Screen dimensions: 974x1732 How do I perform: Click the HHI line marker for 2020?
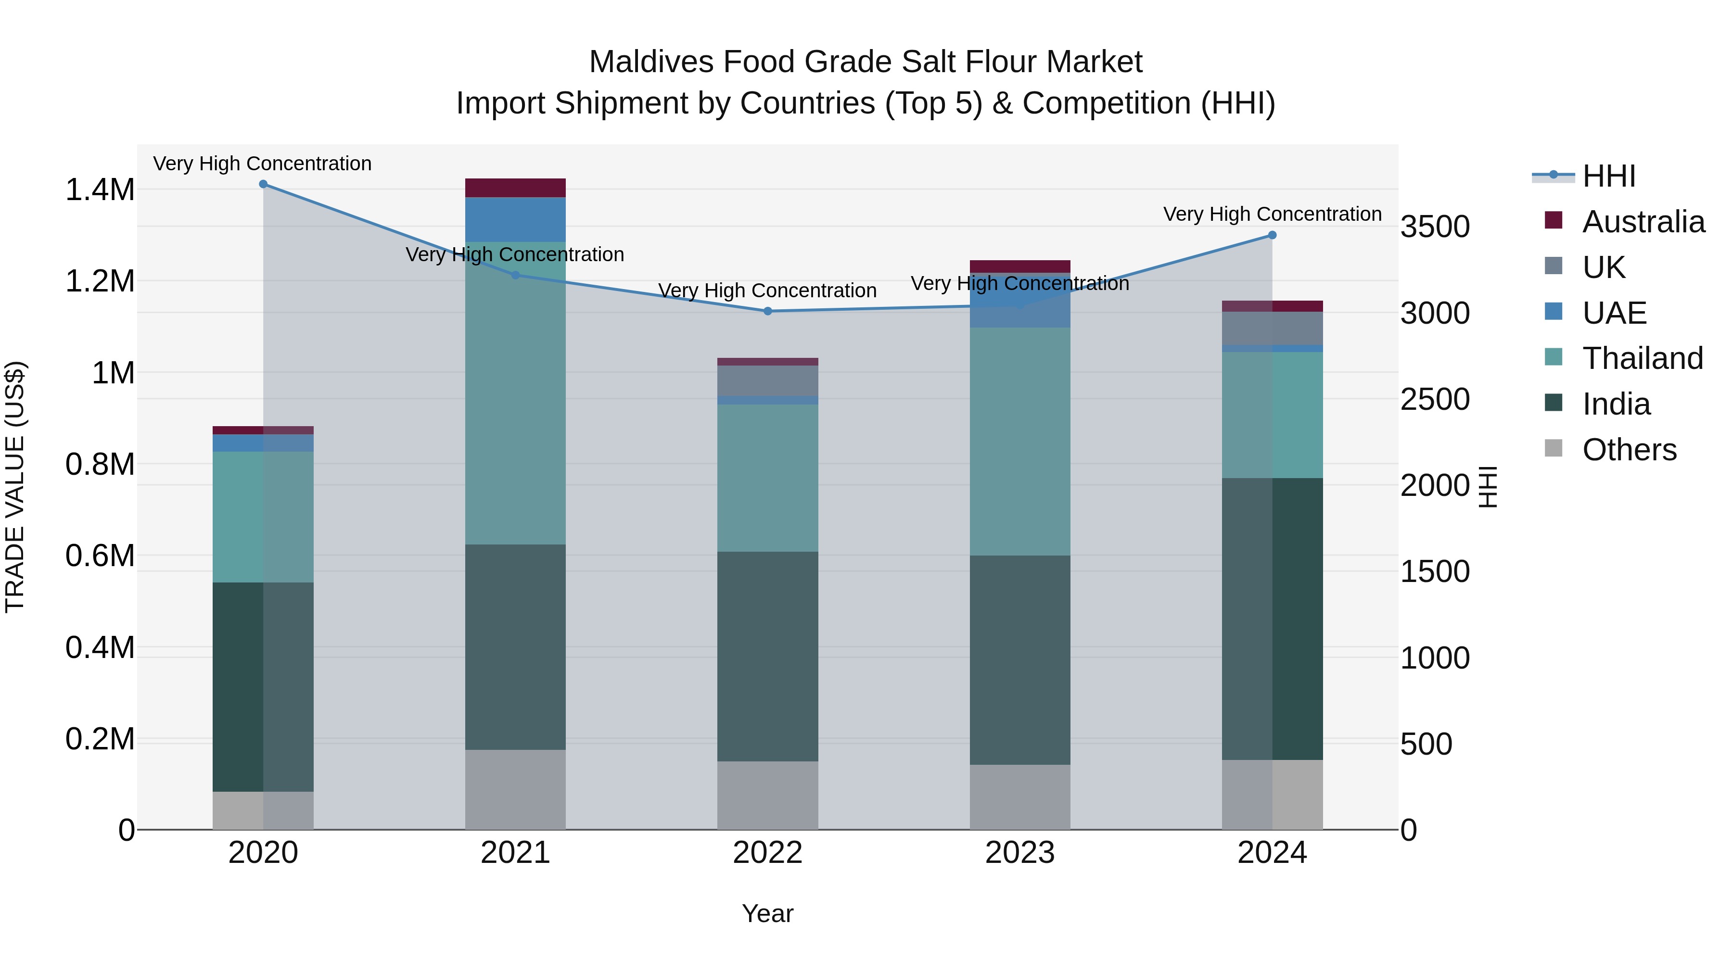coord(263,184)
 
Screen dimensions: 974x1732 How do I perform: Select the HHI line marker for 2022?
coord(768,311)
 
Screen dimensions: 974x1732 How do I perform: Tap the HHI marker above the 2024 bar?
coord(1272,235)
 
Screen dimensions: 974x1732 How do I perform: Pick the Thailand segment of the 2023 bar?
coord(1020,441)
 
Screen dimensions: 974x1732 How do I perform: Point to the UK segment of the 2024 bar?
coord(1272,328)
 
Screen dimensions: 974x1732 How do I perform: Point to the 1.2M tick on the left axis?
coord(100,281)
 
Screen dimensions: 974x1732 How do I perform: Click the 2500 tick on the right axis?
coord(1435,399)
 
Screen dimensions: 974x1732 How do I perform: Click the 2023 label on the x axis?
coord(1020,853)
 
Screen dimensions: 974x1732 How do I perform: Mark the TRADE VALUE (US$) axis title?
coord(15,487)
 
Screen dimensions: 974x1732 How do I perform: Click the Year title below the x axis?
coord(768,913)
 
